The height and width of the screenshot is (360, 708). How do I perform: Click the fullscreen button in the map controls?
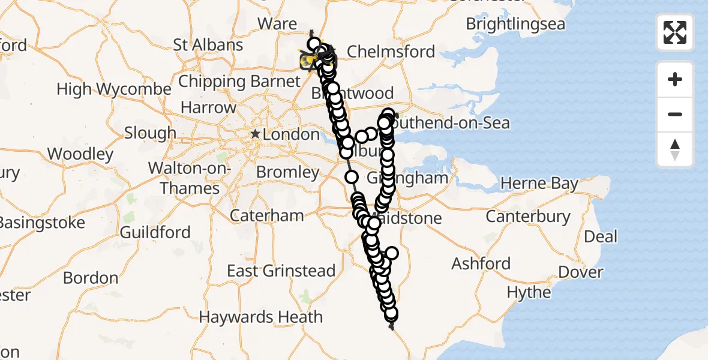[675, 32]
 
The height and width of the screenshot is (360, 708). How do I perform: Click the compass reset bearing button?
[675, 149]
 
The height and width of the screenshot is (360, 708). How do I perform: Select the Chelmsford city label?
[391, 52]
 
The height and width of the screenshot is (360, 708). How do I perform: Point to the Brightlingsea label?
[515, 25]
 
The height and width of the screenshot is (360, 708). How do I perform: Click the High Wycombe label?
[114, 89]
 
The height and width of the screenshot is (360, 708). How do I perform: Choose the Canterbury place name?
[528, 216]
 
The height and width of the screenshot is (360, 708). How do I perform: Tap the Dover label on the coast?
[581, 272]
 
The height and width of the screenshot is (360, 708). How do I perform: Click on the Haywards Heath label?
[261, 317]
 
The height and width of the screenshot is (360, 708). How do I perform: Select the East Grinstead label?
[281, 271]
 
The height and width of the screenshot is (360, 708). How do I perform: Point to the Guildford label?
[155, 232]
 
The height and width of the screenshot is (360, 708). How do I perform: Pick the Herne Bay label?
[539, 184]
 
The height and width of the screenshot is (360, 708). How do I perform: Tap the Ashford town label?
[481, 263]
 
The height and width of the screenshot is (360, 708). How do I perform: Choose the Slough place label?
[150, 133]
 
